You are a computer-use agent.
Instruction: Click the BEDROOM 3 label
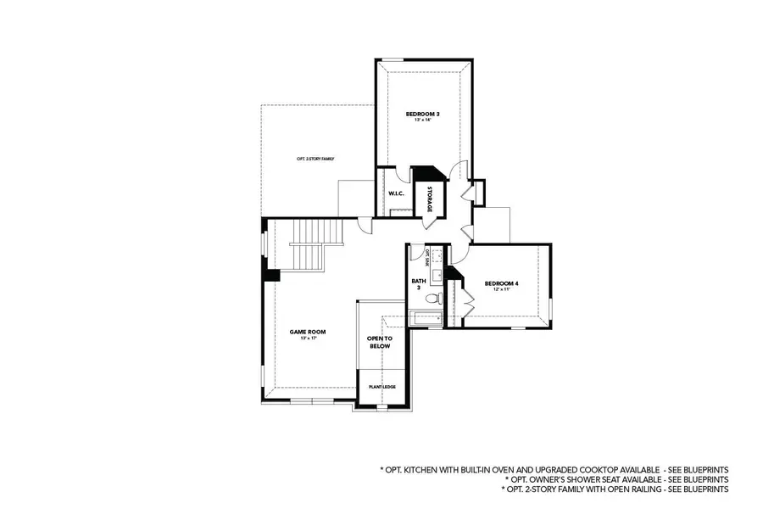422,113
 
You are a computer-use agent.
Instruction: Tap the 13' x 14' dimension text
422,120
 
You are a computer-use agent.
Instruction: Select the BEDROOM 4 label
502,282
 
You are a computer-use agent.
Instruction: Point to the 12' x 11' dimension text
502,290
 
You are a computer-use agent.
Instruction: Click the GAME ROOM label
308,332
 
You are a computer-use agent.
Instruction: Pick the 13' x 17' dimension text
308,338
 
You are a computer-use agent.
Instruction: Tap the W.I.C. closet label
396,194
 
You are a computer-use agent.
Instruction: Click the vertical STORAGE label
429,198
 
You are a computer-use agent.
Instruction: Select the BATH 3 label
418,283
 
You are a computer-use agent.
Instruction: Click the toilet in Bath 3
435,299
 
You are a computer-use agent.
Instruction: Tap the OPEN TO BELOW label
379,342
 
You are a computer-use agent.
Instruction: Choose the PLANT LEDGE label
381,387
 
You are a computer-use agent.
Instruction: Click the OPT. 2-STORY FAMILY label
315,159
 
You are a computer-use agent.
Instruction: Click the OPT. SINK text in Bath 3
427,255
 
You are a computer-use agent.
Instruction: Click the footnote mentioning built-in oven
554,469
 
